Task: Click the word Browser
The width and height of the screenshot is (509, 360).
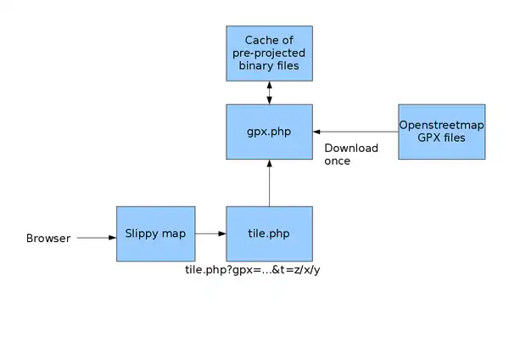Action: point(48,239)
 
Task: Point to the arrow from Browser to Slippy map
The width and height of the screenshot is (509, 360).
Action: point(96,239)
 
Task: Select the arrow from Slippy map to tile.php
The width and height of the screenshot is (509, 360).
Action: point(210,233)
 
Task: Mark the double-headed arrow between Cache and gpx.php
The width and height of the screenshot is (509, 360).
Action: point(269,92)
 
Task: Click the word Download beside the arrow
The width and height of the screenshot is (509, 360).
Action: point(351,148)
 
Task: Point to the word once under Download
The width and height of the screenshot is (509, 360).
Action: point(338,160)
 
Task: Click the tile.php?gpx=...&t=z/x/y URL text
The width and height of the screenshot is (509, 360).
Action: point(258,270)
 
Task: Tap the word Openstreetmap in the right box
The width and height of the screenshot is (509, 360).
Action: point(441,125)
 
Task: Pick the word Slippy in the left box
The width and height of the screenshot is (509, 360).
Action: point(140,233)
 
